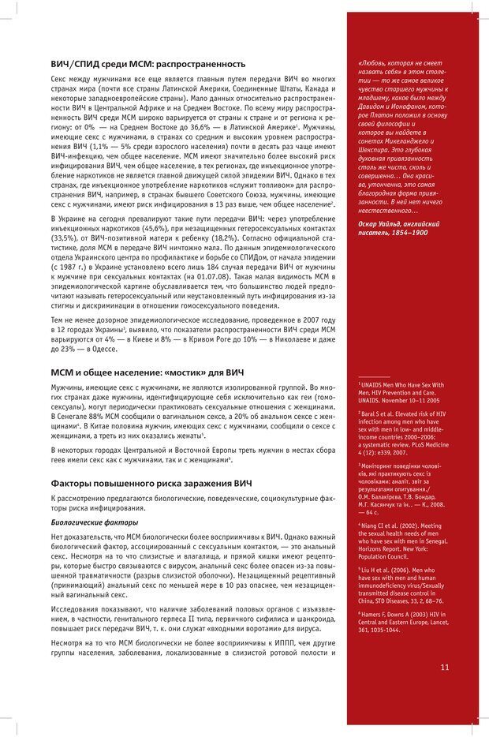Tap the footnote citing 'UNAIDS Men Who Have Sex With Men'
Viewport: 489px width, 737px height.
pyautogui.click(x=401, y=390)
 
